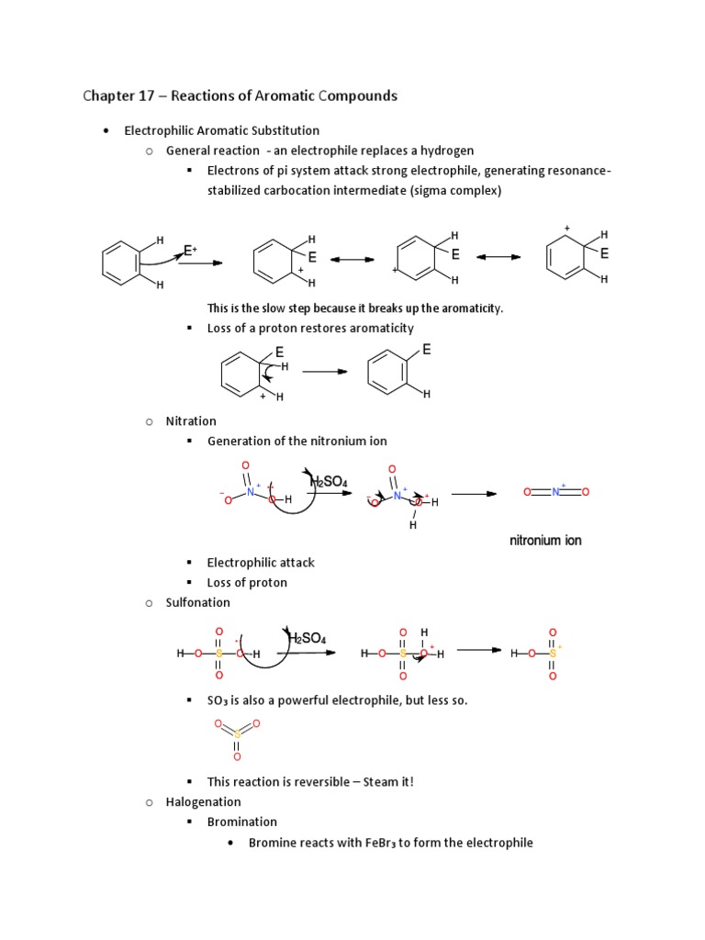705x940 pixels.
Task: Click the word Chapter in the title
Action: tap(108, 96)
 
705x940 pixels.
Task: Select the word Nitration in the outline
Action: tap(191, 421)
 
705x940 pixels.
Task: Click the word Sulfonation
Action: tap(197, 602)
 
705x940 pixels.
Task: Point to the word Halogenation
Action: tap(203, 802)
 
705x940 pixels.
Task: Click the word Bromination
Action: tap(242, 822)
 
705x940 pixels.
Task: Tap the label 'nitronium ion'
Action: tap(545, 541)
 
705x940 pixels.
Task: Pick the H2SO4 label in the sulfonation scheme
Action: tap(308, 638)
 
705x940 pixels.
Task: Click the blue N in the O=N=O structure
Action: tap(554, 492)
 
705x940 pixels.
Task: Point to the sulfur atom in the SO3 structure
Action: tap(237, 734)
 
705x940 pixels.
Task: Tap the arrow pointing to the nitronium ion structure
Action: tap(473, 494)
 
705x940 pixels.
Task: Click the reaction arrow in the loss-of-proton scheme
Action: tap(325, 372)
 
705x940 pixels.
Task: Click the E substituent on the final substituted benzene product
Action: tap(427, 350)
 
